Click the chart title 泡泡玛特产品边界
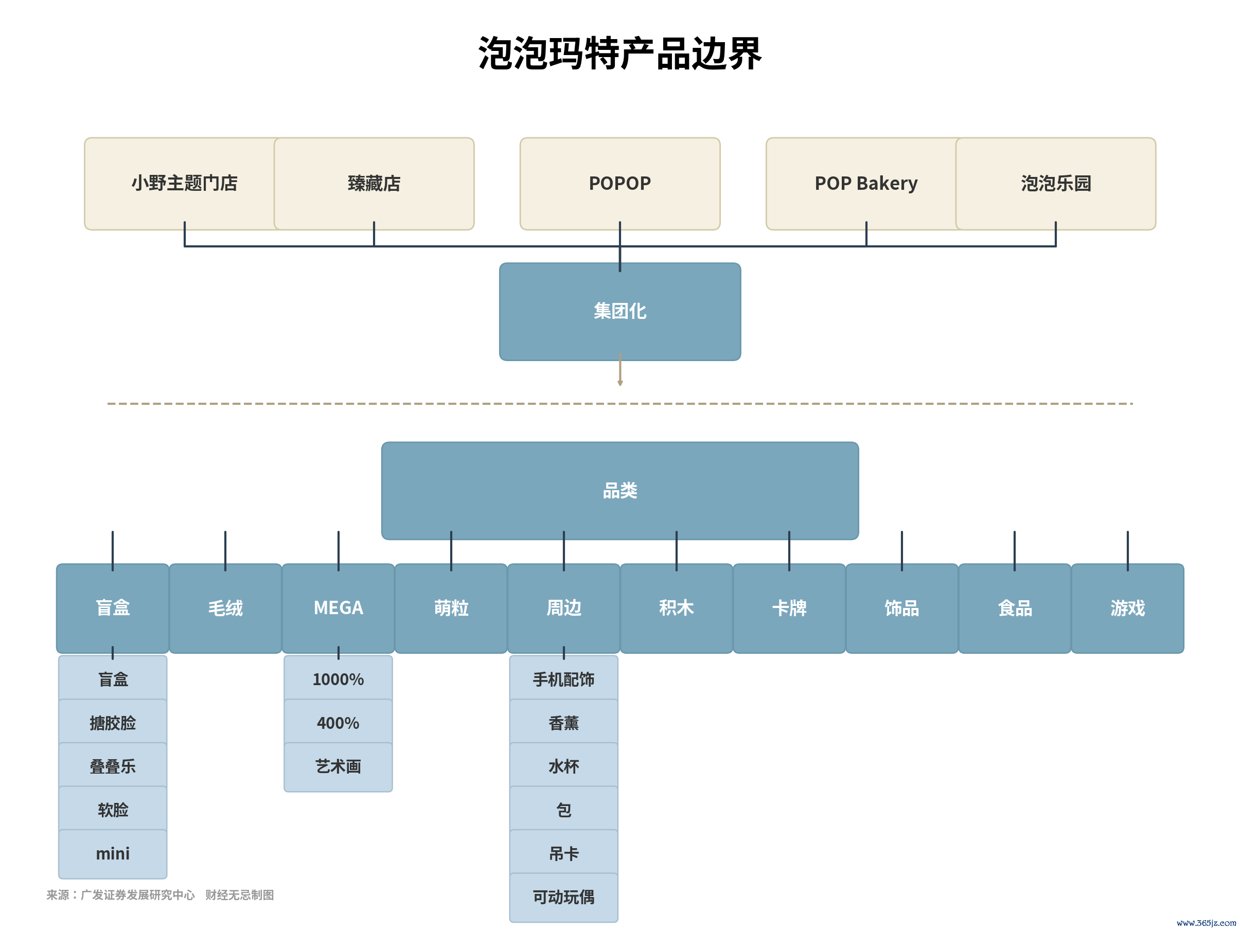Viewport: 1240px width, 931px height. (x=619, y=54)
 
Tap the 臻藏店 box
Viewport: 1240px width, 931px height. (x=374, y=184)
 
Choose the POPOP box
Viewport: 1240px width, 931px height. (x=620, y=184)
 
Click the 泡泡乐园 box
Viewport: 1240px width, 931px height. (x=1056, y=184)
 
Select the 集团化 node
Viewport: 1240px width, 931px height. (x=620, y=312)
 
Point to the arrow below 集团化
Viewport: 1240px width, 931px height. (x=620, y=370)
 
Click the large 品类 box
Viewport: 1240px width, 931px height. (x=620, y=491)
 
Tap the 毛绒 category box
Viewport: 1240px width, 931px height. (x=225, y=608)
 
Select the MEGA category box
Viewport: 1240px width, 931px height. (x=338, y=608)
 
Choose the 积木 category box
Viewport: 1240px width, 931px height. (x=677, y=608)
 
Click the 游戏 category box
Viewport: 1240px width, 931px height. (x=1128, y=608)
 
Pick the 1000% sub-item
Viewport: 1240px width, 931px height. (x=338, y=679)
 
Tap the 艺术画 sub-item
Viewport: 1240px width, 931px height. (x=338, y=767)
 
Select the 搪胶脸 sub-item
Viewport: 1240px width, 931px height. (x=113, y=723)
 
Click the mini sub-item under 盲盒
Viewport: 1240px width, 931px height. (x=113, y=854)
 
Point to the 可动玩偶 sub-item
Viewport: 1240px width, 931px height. (x=564, y=898)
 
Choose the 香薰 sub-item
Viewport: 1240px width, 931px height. (x=564, y=723)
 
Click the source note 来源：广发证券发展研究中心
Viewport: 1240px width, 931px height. (x=120, y=895)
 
